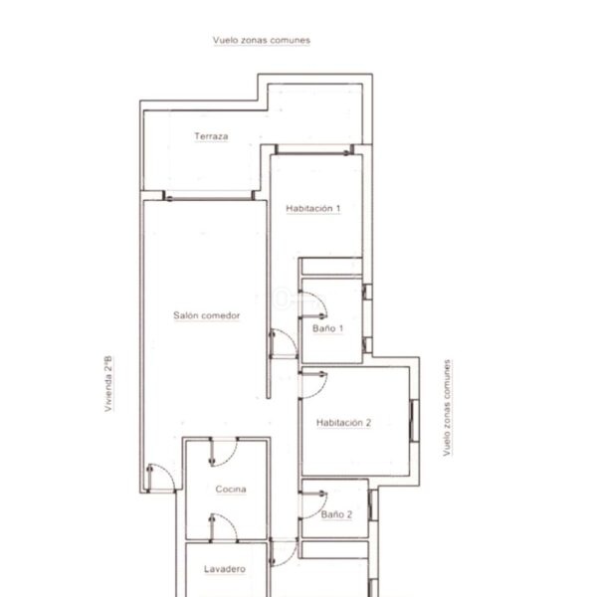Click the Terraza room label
[211, 136]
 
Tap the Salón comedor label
[207, 315]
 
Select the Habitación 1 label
[313, 209]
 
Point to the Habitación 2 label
[343, 423]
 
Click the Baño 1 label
[327, 328]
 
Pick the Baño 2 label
[336, 514]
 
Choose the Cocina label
[231, 490]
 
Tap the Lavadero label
[225, 569]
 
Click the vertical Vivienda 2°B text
[108, 384]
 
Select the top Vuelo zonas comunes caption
[262, 40]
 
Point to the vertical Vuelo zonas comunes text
[447, 407]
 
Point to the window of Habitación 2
[414, 421]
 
